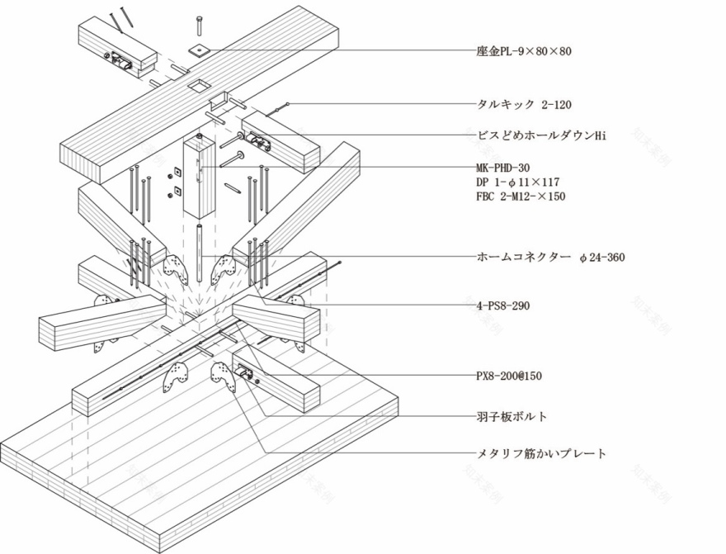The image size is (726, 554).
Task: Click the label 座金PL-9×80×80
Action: click(x=524, y=51)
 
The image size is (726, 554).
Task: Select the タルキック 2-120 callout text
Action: click(x=524, y=105)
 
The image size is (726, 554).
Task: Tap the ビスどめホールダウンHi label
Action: click(x=541, y=135)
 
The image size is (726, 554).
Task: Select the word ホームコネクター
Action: click(x=524, y=258)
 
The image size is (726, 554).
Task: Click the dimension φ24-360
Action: click(x=601, y=258)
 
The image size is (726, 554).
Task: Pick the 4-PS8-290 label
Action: click(x=503, y=305)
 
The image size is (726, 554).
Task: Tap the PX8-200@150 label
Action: click(x=509, y=376)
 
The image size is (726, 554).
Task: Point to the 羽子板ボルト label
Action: click(x=512, y=416)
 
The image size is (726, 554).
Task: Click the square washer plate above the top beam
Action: click(x=199, y=50)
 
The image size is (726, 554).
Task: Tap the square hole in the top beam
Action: click(x=198, y=84)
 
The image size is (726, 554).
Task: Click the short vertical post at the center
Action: click(x=198, y=178)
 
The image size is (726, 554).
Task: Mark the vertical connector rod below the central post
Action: click(x=198, y=252)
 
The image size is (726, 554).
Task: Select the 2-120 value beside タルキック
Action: click(x=557, y=105)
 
